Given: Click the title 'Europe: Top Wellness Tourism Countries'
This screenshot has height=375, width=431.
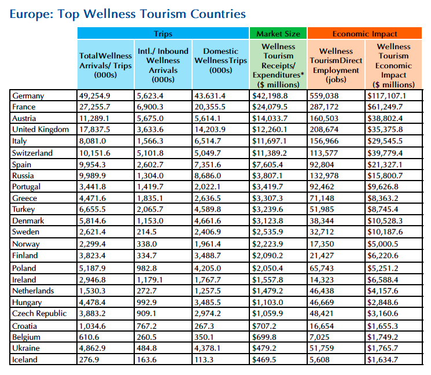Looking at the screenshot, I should (128, 13).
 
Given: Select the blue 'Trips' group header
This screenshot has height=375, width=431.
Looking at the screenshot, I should (163, 34).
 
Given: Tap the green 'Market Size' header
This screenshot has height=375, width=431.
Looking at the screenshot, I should (278, 34).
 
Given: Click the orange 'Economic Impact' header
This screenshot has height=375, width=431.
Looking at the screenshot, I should (364, 34).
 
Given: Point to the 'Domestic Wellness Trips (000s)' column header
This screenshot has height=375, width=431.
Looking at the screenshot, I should (220, 61).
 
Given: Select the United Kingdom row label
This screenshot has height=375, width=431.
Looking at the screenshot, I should (40, 130).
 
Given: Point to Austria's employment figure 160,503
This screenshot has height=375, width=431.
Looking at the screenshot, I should (328, 119).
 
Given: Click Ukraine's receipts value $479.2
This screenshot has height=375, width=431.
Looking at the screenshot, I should (265, 348).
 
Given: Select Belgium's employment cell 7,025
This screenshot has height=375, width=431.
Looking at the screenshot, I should (322, 337).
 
